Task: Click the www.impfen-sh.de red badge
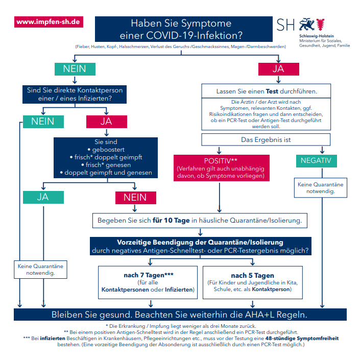tap(49, 22)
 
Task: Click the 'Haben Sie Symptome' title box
tap(184, 29)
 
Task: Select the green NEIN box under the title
tap(75, 69)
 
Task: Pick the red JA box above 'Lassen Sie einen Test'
tap(278, 69)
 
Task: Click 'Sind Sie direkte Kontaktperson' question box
tap(75, 94)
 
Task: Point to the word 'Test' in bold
tap(272, 91)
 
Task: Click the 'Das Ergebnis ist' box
tap(266, 139)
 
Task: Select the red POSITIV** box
tap(222, 168)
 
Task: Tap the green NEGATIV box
tap(316, 161)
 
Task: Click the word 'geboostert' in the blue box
tap(108, 150)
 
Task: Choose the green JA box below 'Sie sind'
tap(43, 197)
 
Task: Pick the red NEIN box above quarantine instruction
tap(136, 198)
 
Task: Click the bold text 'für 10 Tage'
tap(171, 221)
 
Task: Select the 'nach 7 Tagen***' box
tap(148, 282)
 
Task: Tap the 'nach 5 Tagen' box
tap(252, 282)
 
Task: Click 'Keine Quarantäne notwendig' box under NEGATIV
tap(320, 187)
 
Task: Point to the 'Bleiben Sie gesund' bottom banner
tap(180, 315)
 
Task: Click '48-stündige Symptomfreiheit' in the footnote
tap(302, 338)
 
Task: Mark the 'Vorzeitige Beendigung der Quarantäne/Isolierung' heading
tap(200, 242)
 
